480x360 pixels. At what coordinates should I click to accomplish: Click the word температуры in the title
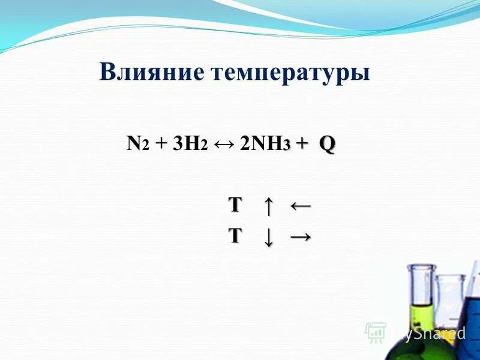coord(290,74)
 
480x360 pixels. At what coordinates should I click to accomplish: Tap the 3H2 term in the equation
coord(190,145)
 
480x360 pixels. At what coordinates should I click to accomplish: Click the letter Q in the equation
coord(327,144)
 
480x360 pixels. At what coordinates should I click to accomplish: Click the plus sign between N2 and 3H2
coord(161,145)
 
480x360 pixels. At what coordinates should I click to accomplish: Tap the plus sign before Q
coord(302,144)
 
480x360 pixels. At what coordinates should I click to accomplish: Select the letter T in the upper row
coord(235,205)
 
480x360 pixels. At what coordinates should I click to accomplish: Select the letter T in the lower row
coord(235,236)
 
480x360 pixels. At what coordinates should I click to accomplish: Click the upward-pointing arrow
coord(268,206)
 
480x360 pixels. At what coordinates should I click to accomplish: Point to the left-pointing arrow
coord(300,206)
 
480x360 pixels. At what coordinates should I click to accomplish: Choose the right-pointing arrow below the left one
coord(300,236)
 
